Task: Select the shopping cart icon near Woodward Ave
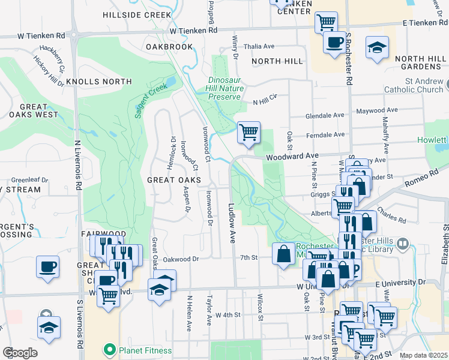coord(249,133)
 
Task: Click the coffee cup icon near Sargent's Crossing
coord(47,267)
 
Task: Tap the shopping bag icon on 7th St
coord(283,254)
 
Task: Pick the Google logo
coord(19,353)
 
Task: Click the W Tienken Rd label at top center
coord(193,30)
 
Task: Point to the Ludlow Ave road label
coord(231,222)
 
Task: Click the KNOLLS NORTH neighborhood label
coord(99,82)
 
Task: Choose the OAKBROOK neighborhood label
coord(169,46)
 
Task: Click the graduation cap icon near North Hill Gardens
coord(377,47)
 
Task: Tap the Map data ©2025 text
coord(424,355)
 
